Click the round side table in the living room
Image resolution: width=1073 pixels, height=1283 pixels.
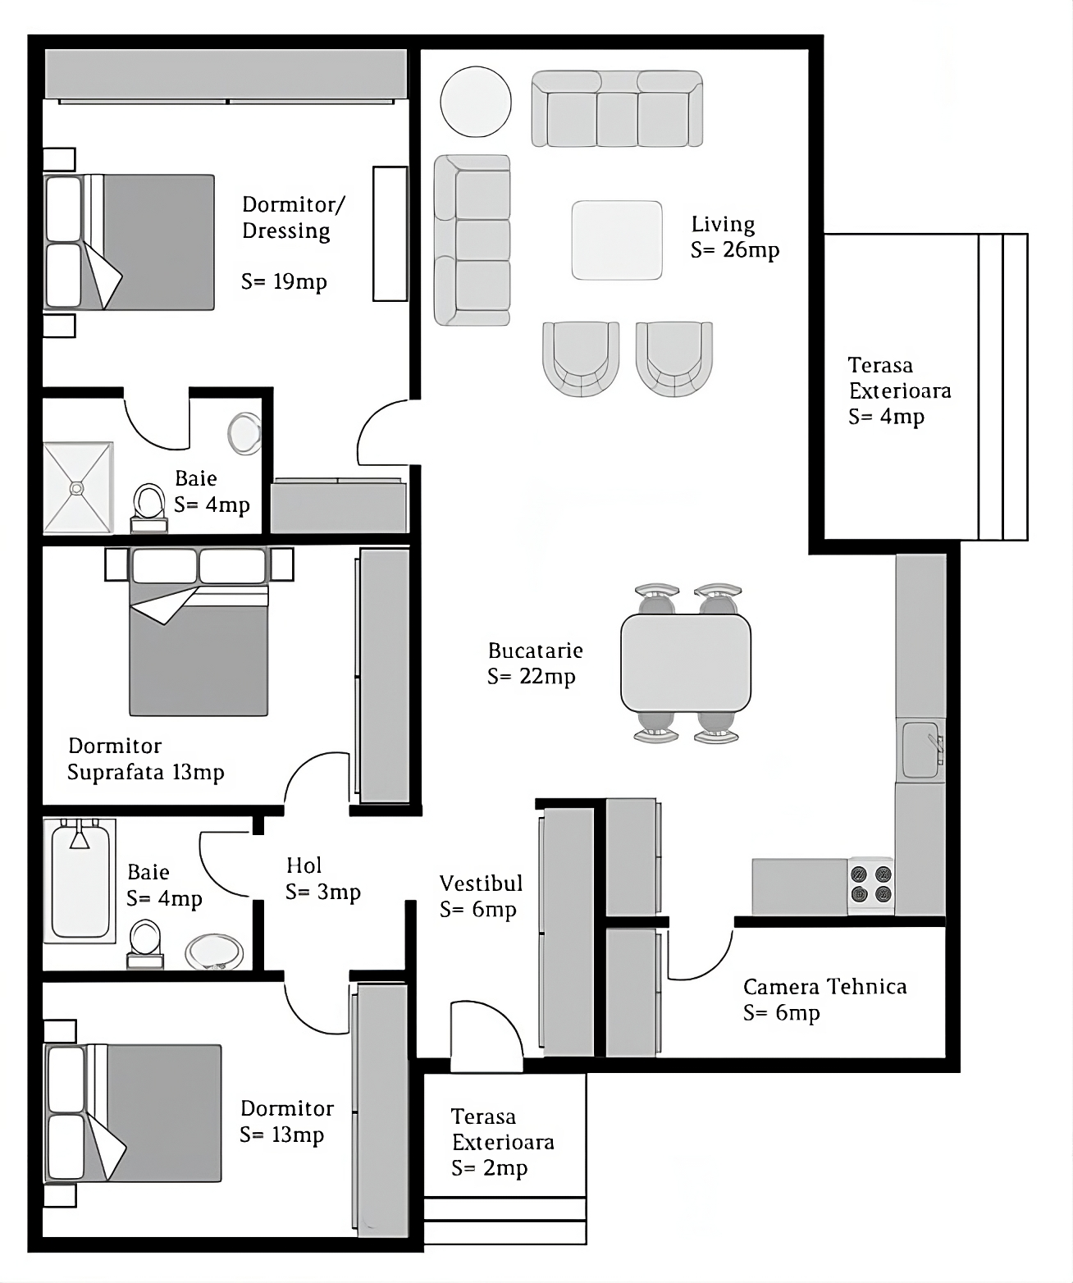(476, 102)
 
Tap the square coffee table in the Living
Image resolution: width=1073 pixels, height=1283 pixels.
(617, 240)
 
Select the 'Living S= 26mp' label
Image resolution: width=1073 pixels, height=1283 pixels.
(734, 237)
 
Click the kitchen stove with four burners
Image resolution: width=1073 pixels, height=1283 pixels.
(870, 884)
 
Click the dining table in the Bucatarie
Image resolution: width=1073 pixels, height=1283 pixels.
(686, 663)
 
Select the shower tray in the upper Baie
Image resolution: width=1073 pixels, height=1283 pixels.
(77, 488)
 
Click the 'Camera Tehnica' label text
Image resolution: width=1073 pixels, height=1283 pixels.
(824, 987)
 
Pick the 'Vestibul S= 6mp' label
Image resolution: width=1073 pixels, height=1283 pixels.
(481, 896)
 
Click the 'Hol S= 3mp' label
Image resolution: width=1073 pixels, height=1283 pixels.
(322, 879)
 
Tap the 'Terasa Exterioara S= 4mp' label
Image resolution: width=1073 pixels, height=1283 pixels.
(899, 390)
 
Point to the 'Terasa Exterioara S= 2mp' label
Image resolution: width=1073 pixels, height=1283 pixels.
(502, 1142)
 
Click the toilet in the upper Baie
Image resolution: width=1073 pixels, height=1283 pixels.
(149, 505)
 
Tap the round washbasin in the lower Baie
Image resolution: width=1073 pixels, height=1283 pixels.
(214, 952)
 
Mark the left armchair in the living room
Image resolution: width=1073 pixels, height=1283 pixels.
(580, 358)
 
